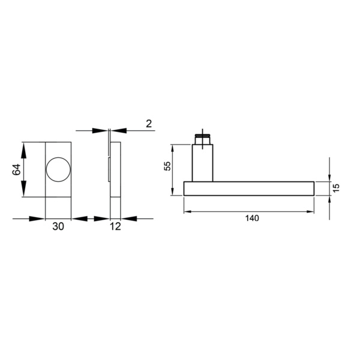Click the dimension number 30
pos(59,227)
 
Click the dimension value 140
pos(252,219)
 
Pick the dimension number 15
pos(337,187)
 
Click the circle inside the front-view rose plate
pos(59,169)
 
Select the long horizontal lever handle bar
pos(249,188)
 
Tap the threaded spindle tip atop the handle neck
pos(203,140)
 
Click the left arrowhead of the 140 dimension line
pos(187,211)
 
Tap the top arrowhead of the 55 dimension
pos(173,148)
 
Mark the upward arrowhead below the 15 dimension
pos(329,200)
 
